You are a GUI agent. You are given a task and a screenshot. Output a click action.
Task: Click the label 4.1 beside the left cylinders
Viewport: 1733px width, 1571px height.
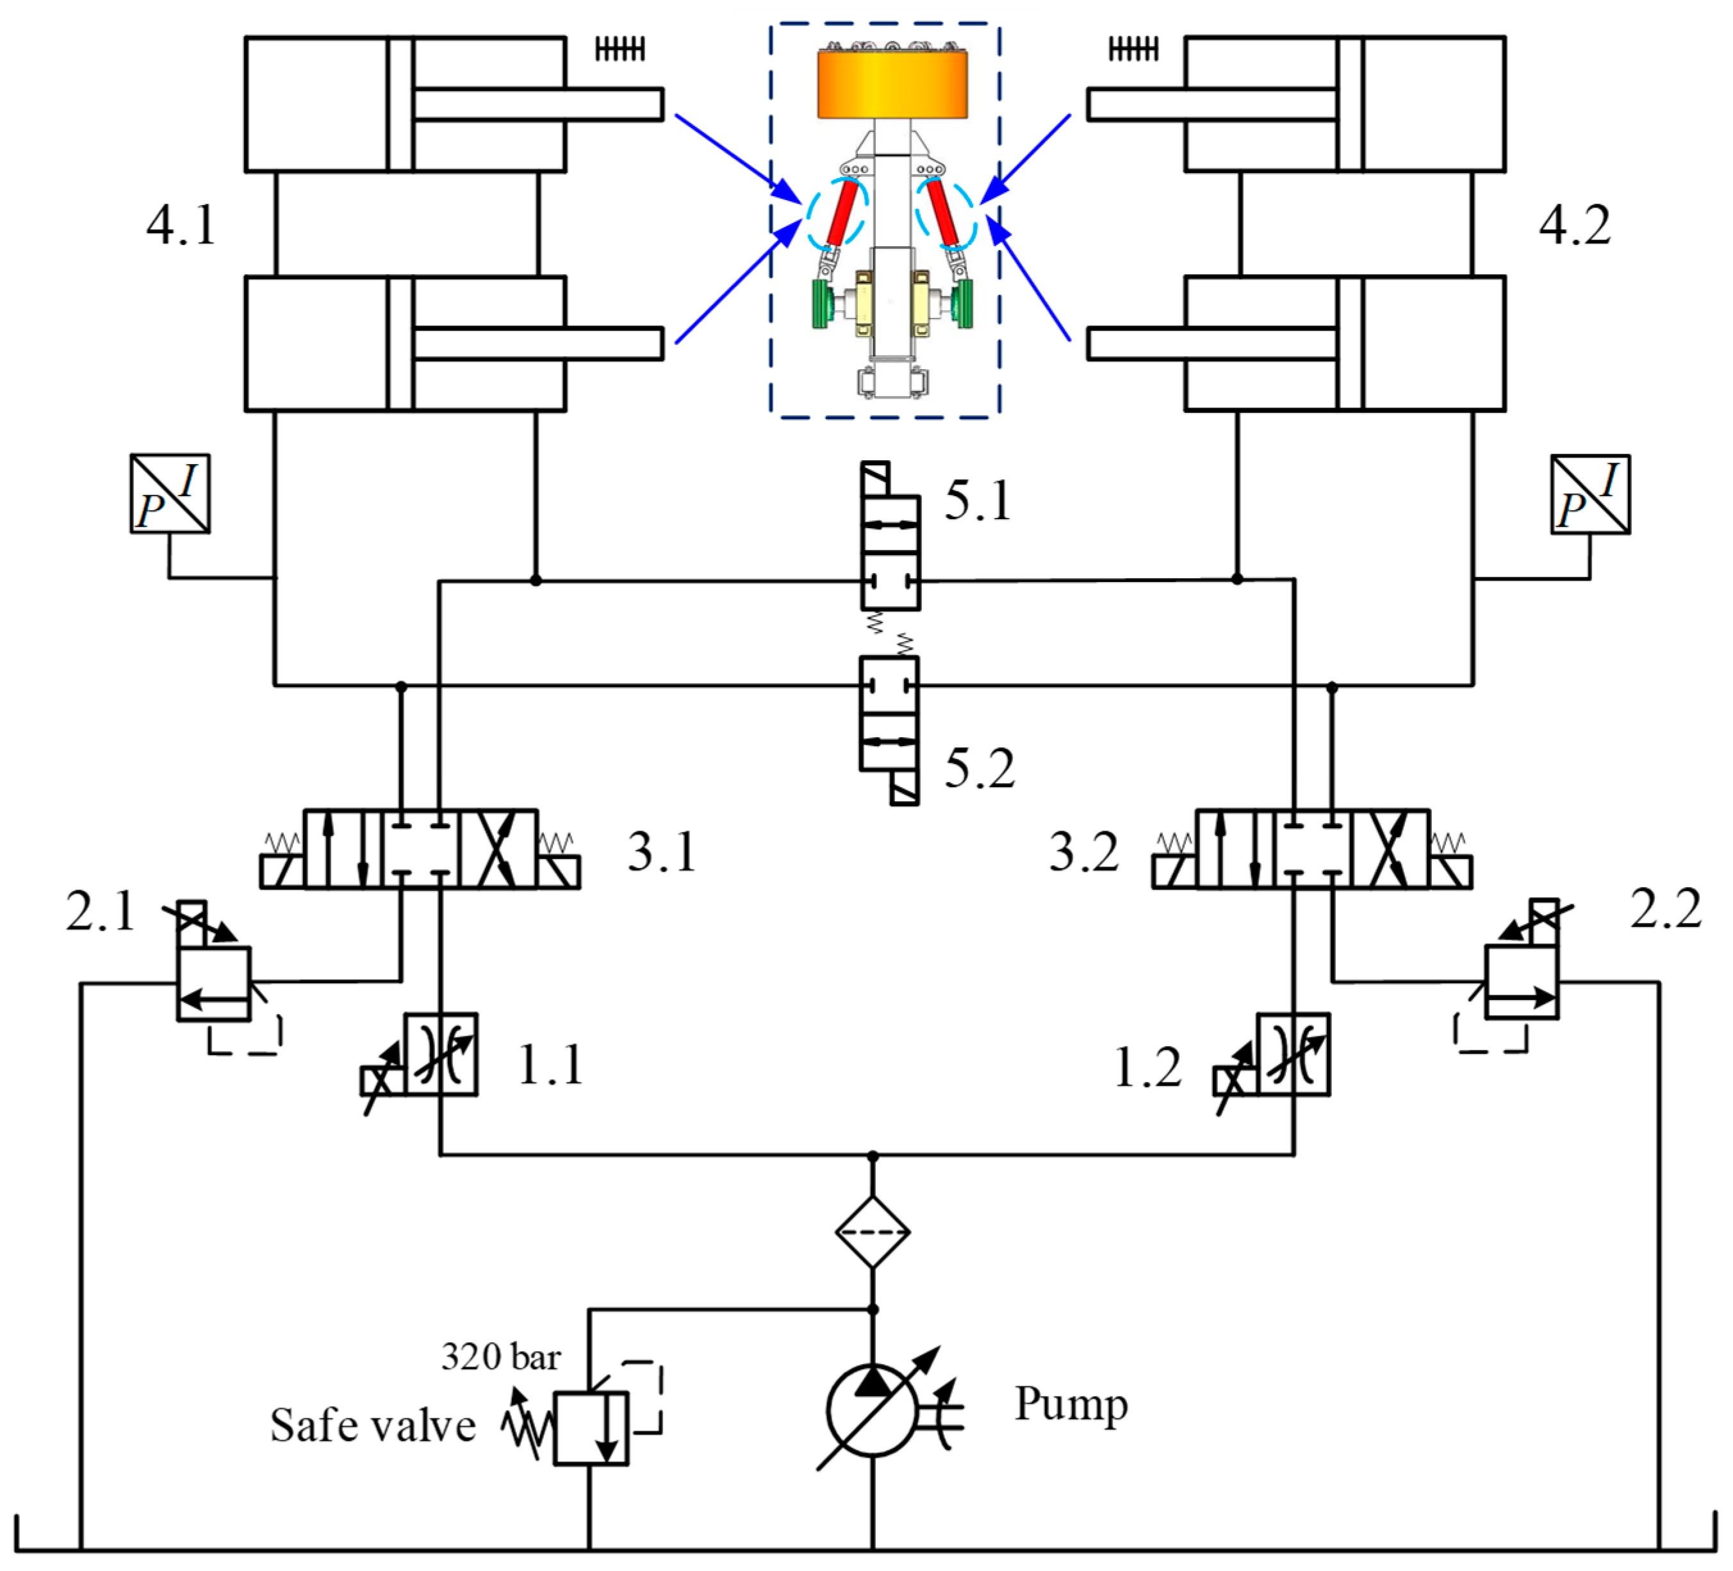(181, 226)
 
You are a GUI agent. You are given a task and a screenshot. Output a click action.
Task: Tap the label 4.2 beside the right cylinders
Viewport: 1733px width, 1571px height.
(1574, 226)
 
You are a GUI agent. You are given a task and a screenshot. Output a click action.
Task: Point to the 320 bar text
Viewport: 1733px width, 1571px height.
(500, 1358)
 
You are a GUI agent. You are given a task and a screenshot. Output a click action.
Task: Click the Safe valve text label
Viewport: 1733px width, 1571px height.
(372, 1426)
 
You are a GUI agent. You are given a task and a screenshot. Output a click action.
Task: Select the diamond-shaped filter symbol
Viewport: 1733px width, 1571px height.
(873, 1232)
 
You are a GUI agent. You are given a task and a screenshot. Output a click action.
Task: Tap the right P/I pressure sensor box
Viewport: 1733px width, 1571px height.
(1589, 494)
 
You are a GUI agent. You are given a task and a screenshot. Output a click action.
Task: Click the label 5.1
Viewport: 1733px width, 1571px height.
(978, 501)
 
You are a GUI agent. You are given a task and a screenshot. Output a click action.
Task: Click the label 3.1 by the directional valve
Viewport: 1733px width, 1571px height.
(661, 852)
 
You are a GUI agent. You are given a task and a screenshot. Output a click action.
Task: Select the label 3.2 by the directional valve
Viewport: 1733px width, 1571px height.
(1083, 852)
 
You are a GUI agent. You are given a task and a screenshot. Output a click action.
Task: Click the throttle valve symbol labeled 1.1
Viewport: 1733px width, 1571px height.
(440, 1054)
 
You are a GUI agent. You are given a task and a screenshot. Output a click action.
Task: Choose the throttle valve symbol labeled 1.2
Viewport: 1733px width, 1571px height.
(1292, 1054)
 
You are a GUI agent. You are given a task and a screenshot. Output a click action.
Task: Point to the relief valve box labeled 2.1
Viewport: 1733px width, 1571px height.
(214, 984)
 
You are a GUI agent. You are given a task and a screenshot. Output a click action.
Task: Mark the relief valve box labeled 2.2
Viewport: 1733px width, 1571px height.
(1522, 982)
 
